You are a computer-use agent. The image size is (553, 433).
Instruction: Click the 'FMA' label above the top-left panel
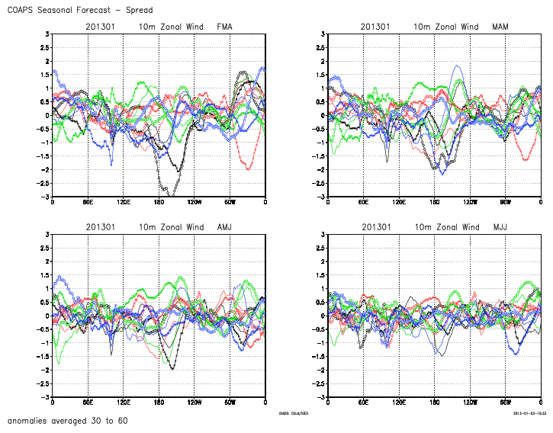(224, 27)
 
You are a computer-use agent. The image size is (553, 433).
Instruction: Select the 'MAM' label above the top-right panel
(500, 27)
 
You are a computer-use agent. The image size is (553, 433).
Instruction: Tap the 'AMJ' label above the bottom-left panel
(224, 227)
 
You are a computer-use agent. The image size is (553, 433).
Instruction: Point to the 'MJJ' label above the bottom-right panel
(500, 227)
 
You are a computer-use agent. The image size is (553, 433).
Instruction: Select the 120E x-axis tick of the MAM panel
(399, 202)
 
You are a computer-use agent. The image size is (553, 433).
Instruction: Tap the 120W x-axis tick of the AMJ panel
(194, 403)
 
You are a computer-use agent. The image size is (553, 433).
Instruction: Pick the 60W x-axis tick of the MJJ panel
(506, 403)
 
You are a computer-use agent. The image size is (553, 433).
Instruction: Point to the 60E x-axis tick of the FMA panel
(88, 202)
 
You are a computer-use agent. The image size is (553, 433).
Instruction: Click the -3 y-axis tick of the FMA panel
(47, 197)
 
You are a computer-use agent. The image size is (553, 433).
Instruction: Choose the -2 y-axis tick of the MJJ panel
(322, 370)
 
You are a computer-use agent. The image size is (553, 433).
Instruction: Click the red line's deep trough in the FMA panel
(249, 168)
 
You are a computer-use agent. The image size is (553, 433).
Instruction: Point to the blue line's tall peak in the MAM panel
(458, 66)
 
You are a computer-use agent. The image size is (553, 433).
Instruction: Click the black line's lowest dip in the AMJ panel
(172, 369)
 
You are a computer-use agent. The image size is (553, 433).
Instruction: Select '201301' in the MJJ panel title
(375, 227)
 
